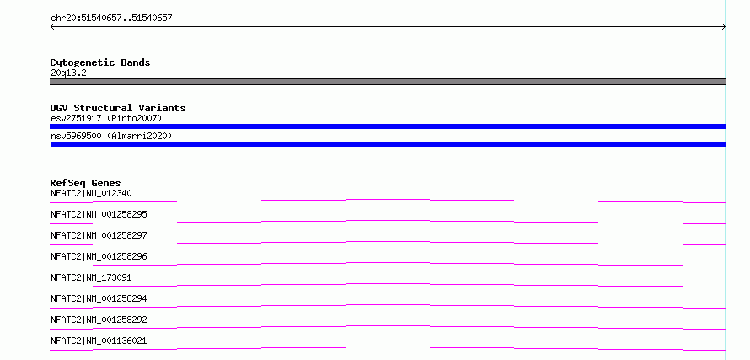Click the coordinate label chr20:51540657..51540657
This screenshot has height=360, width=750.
(111, 19)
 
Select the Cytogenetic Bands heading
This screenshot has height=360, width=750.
(100, 62)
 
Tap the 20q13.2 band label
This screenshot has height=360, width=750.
(68, 73)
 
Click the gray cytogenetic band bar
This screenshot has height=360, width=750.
(388, 82)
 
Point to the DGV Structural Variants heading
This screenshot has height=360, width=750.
(118, 108)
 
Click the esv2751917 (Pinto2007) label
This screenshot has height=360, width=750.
(106, 118)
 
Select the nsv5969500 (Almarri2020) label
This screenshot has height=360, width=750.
(111, 137)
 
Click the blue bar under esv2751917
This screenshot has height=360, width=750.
(388, 126)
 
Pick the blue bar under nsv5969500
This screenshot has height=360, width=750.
(388, 144)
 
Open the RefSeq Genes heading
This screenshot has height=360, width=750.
(86, 183)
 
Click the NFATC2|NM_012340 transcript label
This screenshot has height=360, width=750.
(91, 193)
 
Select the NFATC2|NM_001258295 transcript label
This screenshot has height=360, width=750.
(99, 214)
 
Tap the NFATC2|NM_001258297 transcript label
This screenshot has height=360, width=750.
(99, 235)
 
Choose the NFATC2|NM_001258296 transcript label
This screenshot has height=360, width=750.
(99, 256)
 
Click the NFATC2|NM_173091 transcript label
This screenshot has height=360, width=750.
(91, 277)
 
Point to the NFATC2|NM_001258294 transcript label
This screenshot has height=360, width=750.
(99, 298)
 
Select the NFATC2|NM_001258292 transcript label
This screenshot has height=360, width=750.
(99, 320)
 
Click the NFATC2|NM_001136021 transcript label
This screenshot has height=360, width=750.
(99, 341)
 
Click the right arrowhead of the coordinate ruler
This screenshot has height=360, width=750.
(724, 27)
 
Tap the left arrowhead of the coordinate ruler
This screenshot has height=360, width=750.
(52, 27)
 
